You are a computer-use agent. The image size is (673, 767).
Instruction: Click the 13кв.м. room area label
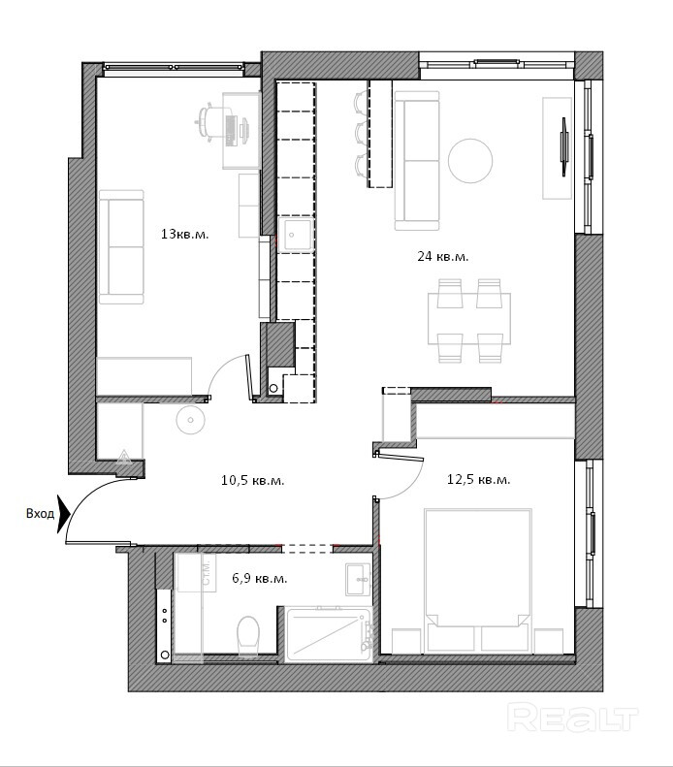point(185,235)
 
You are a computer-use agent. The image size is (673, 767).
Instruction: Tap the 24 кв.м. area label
point(442,256)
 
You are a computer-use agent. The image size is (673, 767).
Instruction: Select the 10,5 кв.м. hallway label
point(252,480)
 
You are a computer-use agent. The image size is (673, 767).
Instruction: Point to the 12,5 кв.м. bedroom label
point(478,479)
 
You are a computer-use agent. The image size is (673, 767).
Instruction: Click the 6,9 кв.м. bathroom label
point(260,579)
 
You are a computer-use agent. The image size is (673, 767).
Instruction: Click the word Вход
point(40,514)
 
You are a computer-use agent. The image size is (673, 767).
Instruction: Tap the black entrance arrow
point(64,514)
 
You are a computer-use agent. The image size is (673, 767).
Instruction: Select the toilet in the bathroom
point(248,635)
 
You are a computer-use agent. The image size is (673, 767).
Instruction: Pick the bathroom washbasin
point(358,579)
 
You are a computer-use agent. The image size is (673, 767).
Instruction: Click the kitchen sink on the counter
point(296,235)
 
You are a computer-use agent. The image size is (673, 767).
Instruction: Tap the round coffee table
point(470,161)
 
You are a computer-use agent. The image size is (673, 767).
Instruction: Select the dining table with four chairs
point(469,320)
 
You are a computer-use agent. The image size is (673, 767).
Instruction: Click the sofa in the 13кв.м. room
point(121,247)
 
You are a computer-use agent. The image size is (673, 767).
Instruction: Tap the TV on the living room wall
point(565,146)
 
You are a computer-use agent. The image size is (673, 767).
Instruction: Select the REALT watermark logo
point(573,719)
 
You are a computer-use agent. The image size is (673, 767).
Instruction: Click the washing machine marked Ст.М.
point(196,573)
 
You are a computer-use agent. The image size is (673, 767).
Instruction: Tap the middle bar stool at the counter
point(362,133)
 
